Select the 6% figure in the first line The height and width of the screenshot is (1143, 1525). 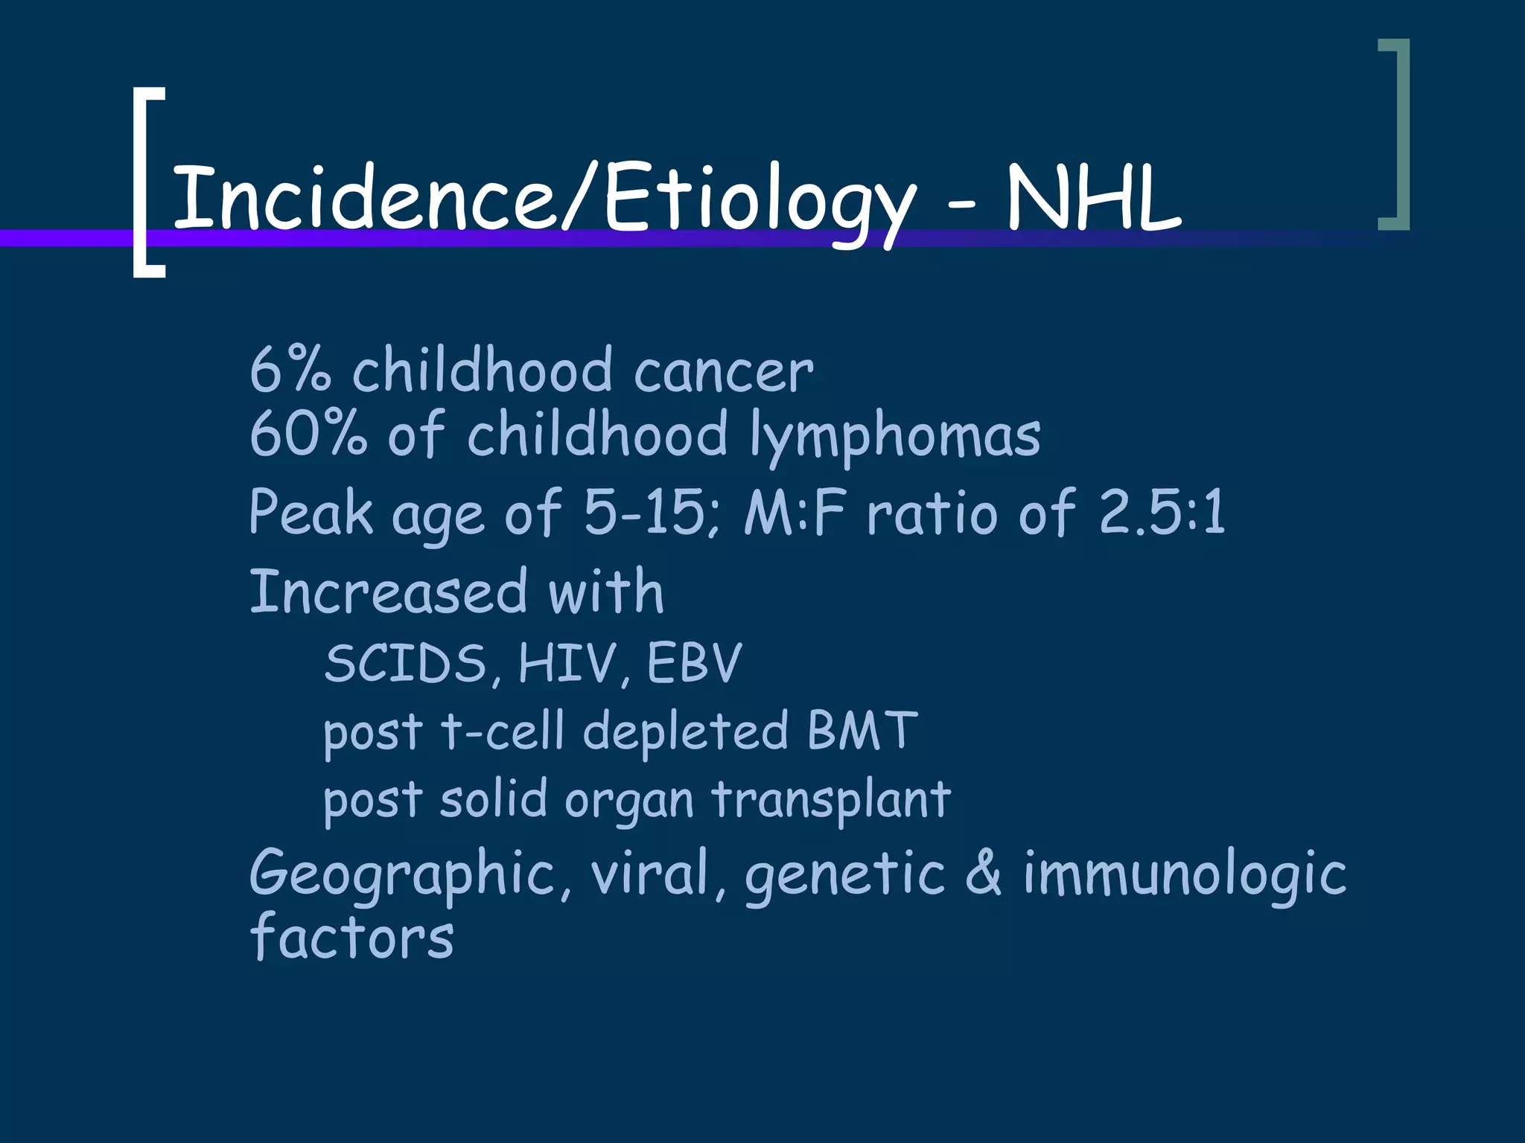289,370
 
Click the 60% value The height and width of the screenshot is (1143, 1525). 308,434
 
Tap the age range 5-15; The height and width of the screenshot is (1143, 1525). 652,513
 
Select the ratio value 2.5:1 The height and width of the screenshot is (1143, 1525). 1162,513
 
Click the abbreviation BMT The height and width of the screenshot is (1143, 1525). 862,731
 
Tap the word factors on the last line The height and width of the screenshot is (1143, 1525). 351,936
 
